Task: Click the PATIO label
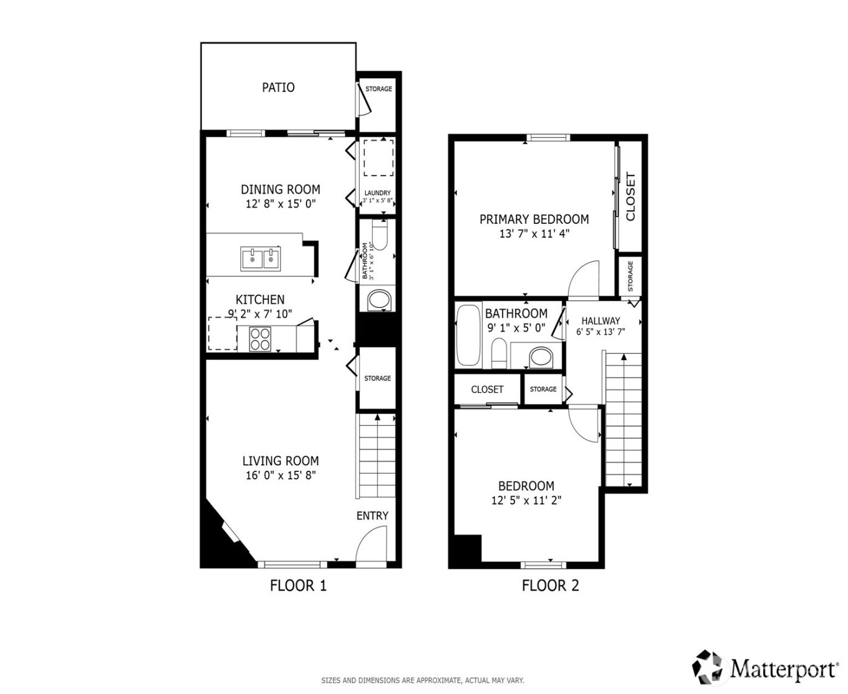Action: click(278, 87)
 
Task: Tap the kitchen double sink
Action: click(260, 258)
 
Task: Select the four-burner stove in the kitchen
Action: click(261, 338)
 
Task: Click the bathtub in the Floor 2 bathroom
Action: click(469, 336)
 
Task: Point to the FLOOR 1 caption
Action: click(298, 586)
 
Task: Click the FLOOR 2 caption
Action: click(550, 586)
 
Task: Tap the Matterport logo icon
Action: click(709, 666)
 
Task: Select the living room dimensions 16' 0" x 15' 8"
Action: click(280, 476)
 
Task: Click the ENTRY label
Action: click(372, 516)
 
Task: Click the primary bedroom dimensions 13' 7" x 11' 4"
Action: click(534, 234)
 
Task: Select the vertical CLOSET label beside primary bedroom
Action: click(630, 197)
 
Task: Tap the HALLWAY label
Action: click(600, 321)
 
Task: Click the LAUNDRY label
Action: click(377, 193)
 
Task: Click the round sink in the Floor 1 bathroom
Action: click(379, 300)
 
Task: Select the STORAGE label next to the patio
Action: click(379, 89)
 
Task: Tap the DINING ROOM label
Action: click(280, 189)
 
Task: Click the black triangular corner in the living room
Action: click(218, 542)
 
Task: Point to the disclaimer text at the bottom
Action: click(422, 680)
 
